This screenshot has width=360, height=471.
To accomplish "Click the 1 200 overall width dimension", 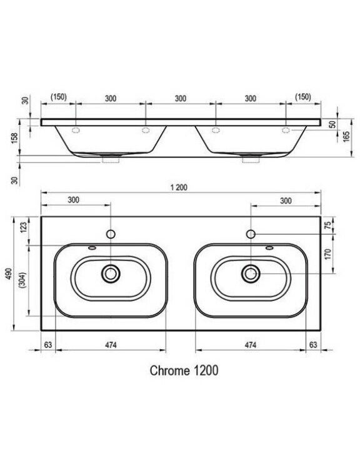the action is click(179, 187).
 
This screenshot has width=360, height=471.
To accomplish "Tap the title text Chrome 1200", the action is click(184, 370).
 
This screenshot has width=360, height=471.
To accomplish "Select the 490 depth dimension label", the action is click(9, 275).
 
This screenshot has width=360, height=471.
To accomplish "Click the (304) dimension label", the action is click(23, 280).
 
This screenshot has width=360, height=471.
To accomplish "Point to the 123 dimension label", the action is click(24, 227).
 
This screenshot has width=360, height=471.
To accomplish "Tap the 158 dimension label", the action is click(14, 137).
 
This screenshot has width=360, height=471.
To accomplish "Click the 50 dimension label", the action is click(332, 124).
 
